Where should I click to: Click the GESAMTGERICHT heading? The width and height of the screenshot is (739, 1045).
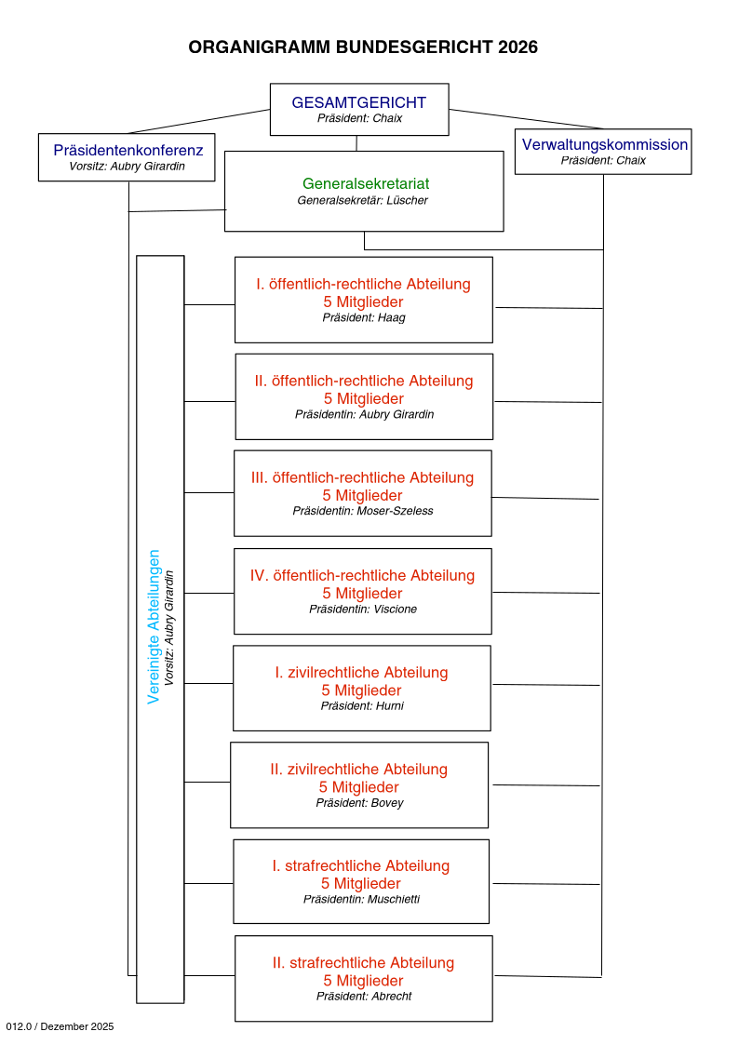[358, 103]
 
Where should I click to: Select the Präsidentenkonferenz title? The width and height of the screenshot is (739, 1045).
[128, 150]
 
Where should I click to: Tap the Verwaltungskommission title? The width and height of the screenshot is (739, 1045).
[605, 144]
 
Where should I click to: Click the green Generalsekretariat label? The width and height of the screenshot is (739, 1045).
[366, 184]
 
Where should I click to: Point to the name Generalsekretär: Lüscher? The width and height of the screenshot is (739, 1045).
[363, 200]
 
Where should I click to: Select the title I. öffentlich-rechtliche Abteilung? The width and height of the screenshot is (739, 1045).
[363, 284]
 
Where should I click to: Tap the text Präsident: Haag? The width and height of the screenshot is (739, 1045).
[364, 317]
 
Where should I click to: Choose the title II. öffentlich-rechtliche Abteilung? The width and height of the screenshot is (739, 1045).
[364, 381]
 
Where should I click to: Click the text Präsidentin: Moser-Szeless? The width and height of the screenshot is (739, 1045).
[363, 511]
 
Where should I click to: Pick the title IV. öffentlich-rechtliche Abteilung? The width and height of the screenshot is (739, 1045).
[362, 575]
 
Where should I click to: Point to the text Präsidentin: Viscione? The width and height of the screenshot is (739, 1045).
[363, 609]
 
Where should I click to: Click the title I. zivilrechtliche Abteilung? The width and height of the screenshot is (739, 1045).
[361, 672]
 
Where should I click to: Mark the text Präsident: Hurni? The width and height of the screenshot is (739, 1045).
[362, 705]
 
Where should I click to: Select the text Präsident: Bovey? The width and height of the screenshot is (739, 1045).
[359, 802]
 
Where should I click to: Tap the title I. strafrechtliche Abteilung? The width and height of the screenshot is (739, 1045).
[361, 865]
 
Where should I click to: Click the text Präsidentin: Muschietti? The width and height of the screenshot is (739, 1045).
[361, 899]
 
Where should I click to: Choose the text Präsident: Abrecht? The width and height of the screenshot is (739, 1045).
[364, 996]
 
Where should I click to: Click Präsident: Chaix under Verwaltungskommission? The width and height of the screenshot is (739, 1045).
[603, 160]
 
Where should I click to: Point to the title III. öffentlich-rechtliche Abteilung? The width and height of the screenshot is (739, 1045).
[362, 477]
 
